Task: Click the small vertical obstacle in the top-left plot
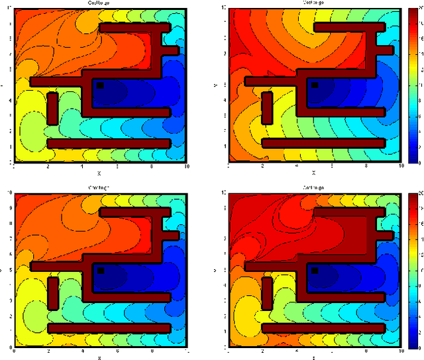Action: (x=52, y=108)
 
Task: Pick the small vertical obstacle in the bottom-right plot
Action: (x=268, y=293)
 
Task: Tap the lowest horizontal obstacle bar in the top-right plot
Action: (x=324, y=142)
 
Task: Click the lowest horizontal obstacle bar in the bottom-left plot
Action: (x=109, y=328)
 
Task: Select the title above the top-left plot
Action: (x=99, y=3)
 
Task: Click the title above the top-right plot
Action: (x=315, y=3)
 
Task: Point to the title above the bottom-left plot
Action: (x=99, y=188)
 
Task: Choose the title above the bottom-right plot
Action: (x=315, y=188)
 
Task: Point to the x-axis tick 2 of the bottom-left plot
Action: (x=48, y=351)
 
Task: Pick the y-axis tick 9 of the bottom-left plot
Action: (x=8, y=208)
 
